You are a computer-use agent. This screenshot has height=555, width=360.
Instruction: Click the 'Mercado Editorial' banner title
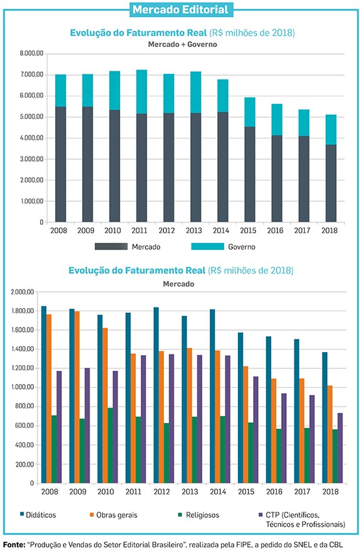[x=180, y=9]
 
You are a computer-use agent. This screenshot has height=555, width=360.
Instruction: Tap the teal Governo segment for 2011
[x=141, y=91]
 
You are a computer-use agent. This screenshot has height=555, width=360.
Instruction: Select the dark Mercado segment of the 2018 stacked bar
[x=331, y=184]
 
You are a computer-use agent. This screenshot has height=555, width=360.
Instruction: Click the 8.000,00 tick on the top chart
[x=31, y=54]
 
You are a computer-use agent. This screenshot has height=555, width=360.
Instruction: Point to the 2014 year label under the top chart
[x=221, y=231]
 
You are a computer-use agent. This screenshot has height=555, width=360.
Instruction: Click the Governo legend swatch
[x=208, y=246]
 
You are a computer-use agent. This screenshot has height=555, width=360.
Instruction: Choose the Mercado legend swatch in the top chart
[x=111, y=246]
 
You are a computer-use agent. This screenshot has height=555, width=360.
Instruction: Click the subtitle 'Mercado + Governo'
[x=182, y=44]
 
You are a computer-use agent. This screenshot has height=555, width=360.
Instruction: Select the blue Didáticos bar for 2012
[x=156, y=395]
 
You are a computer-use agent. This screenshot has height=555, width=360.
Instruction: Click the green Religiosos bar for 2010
[x=110, y=445]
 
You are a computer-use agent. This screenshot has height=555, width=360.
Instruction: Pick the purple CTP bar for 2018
[x=340, y=448]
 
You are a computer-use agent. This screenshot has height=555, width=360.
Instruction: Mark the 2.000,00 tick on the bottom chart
[x=23, y=292]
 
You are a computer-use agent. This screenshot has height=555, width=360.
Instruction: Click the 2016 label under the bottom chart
[x=274, y=492]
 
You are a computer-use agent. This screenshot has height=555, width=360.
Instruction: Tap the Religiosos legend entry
[x=198, y=515]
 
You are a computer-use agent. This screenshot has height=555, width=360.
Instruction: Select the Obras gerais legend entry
[x=113, y=515]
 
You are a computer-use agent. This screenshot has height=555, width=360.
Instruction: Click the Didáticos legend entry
[x=38, y=515]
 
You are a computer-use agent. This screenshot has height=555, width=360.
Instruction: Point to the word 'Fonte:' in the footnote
[x=14, y=544]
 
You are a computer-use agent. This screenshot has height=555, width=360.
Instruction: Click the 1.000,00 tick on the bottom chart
[x=23, y=387]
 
